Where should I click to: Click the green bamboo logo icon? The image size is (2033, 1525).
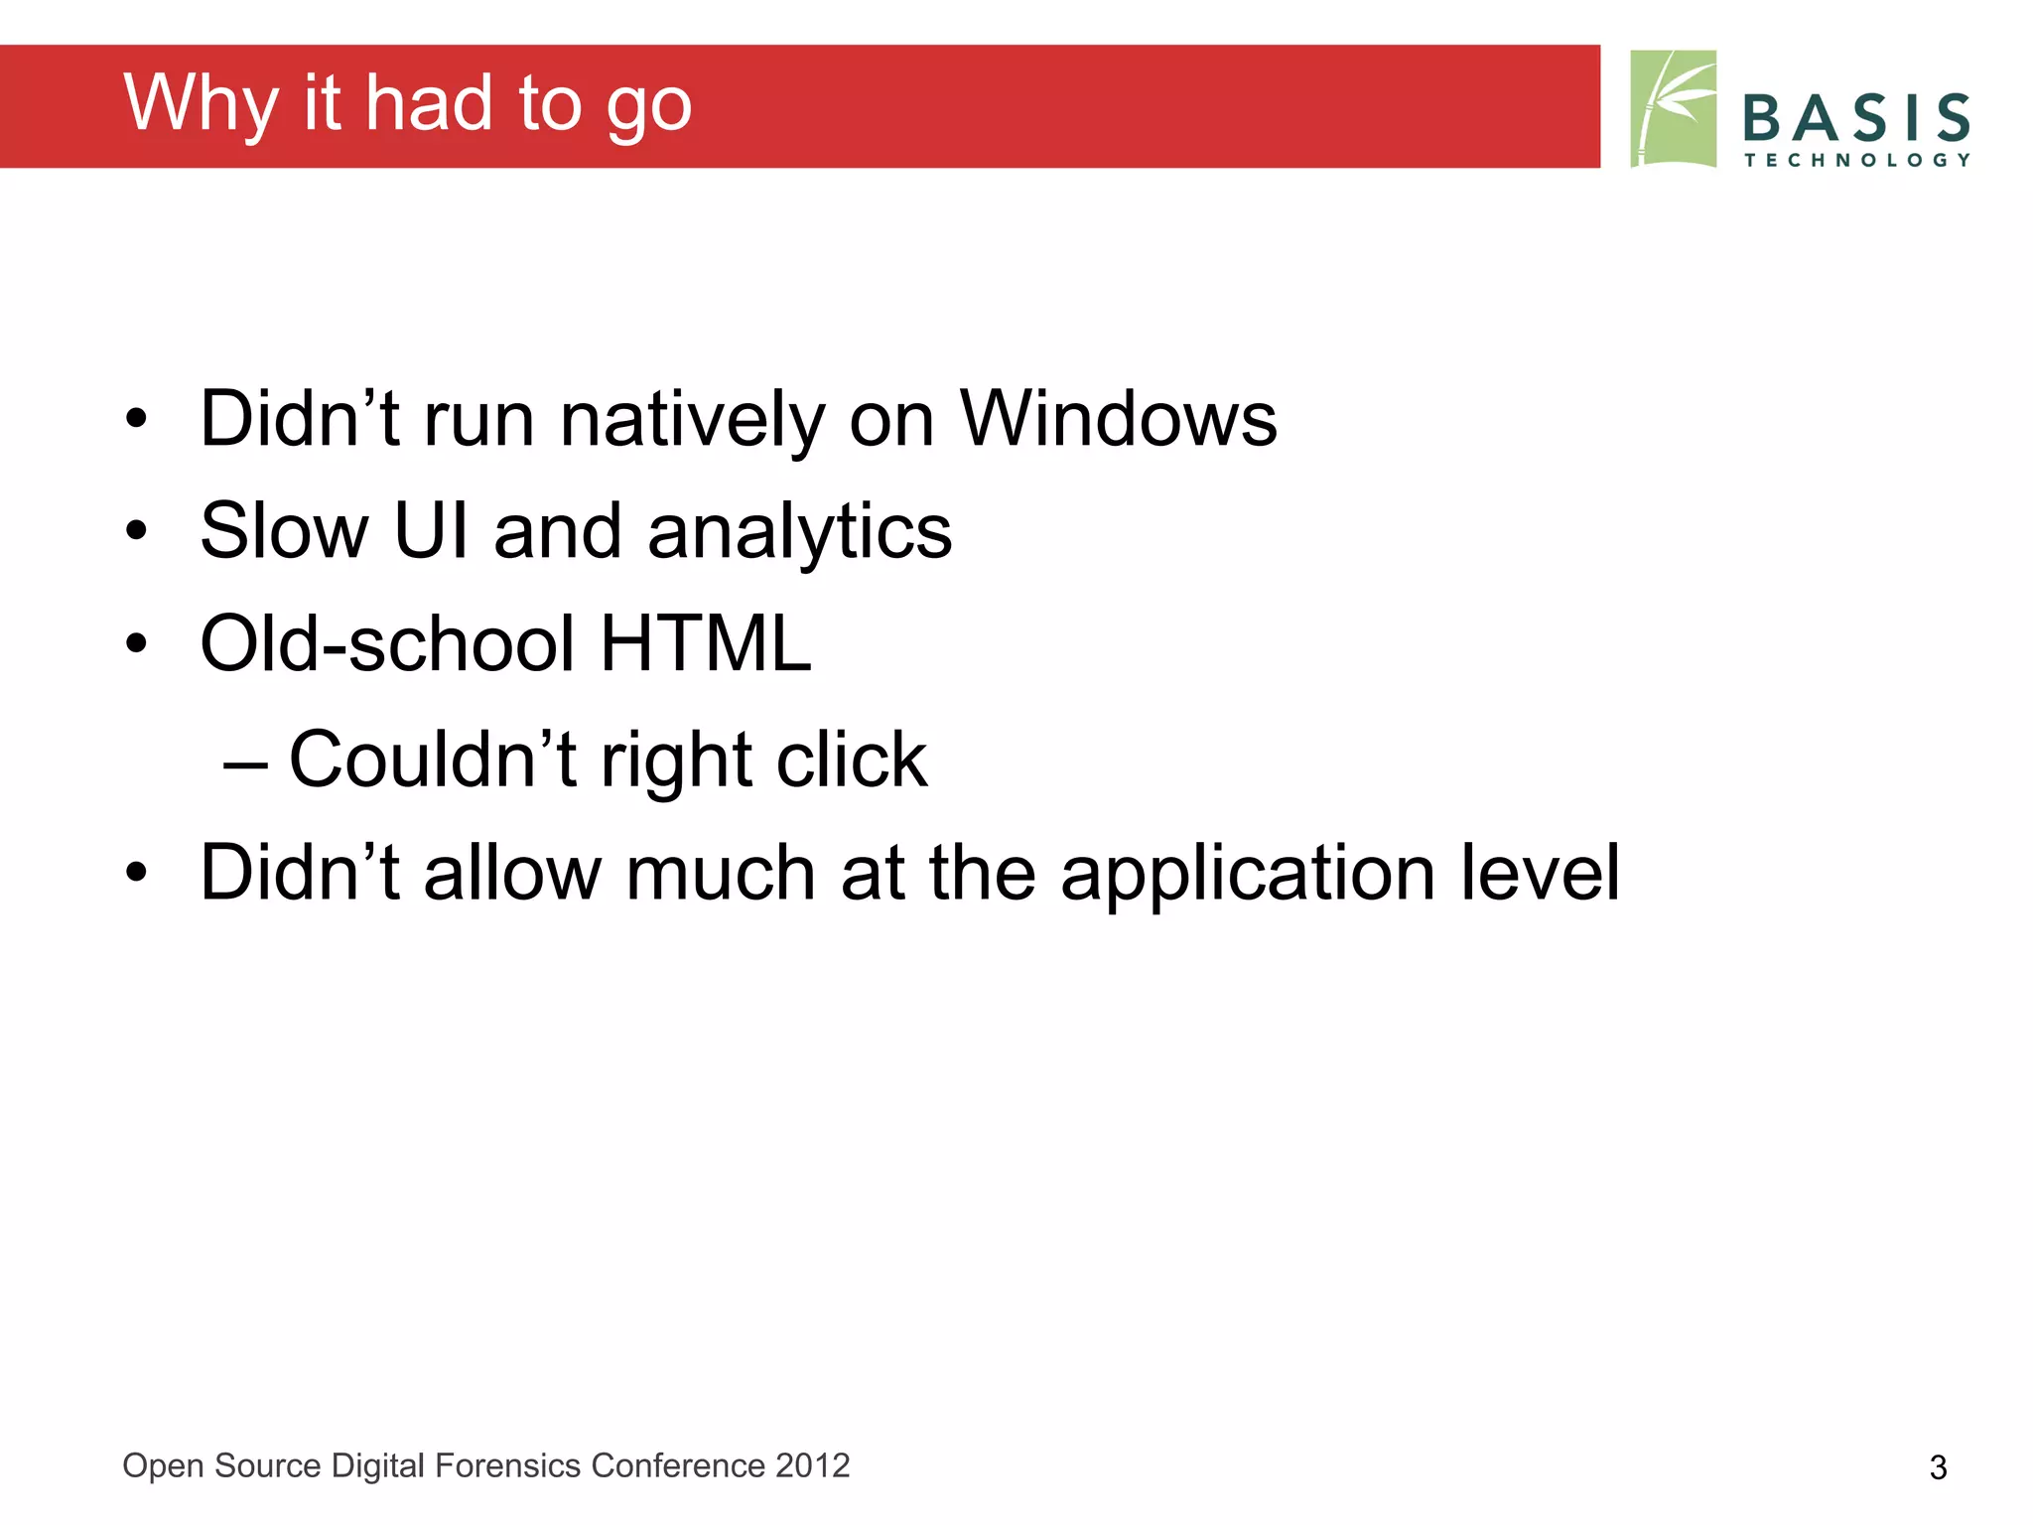click(1673, 109)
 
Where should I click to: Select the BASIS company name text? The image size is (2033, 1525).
click(1855, 118)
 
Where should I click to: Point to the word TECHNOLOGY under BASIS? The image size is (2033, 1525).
click(1855, 160)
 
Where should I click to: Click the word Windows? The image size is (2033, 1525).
click(1118, 420)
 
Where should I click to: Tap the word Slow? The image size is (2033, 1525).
click(284, 532)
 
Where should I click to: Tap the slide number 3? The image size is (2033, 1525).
click(1937, 1467)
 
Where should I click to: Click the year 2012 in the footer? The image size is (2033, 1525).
click(812, 1465)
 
